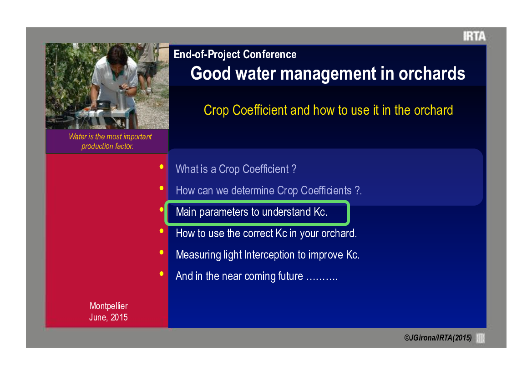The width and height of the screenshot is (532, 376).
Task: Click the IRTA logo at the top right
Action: [474, 36]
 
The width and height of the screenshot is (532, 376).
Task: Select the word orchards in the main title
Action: [431, 73]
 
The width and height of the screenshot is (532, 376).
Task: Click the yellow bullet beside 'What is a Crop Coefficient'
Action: [162, 167]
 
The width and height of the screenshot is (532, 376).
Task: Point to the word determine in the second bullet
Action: [253, 190]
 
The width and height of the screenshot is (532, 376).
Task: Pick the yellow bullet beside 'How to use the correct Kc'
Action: [162, 231]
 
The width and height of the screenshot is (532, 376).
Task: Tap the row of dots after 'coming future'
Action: [322, 279]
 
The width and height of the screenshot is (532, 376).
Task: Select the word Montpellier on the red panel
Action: [109, 306]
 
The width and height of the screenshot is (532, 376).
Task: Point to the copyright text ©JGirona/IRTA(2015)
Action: [438, 338]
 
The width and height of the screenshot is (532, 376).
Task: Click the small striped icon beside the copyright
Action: [481, 338]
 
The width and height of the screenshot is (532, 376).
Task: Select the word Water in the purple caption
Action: [78, 137]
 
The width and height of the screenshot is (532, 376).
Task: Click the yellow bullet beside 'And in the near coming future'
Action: [162, 274]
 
